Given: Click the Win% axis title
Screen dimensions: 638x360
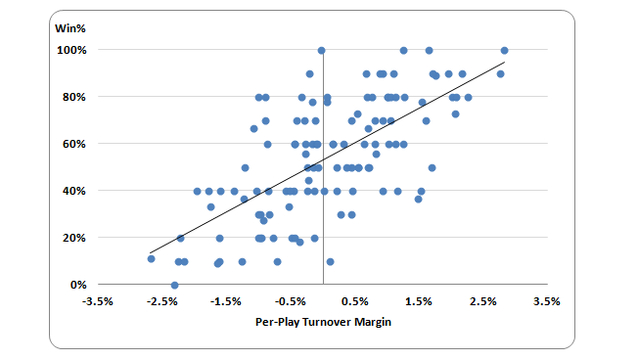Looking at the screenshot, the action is click(x=70, y=28).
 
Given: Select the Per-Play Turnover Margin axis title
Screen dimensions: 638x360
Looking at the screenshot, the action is click(x=323, y=322).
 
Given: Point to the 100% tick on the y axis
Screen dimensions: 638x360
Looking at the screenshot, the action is click(x=71, y=50).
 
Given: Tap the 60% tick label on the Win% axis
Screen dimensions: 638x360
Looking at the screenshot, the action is click(x=74, y=144).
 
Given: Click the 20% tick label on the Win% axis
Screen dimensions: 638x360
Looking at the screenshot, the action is click(x=74, y=238).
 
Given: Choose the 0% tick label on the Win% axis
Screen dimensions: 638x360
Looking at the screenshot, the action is click(x=78, y=285).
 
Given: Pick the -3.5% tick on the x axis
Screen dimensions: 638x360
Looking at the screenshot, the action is click(x=98, y=301).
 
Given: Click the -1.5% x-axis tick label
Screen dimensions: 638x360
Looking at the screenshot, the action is click(x=226, y=301).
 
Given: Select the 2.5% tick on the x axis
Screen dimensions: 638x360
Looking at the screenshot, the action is click(x=483, y=301).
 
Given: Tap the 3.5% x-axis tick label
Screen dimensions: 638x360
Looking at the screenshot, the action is click(x=547, y=301).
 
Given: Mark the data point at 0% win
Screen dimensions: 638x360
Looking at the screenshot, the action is click(x=174, y=285).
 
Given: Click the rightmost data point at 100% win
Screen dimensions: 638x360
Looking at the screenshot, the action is click(x=505, y=51).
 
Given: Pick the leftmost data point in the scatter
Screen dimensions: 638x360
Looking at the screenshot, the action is click(x=152, y=259).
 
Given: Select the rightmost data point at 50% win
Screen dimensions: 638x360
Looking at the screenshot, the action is click(x=433, y=168).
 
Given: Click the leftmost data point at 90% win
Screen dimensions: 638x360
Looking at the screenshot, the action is click(x=309, y=74).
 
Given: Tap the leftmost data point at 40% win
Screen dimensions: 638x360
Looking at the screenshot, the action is click(x=198, y=191).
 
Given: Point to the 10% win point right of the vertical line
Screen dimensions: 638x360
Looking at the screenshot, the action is click(x=331, y=261).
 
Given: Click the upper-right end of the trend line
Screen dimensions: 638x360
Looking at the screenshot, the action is click(x=505, y=63).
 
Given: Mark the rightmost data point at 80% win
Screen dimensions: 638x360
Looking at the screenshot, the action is click(x=469, y=98).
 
